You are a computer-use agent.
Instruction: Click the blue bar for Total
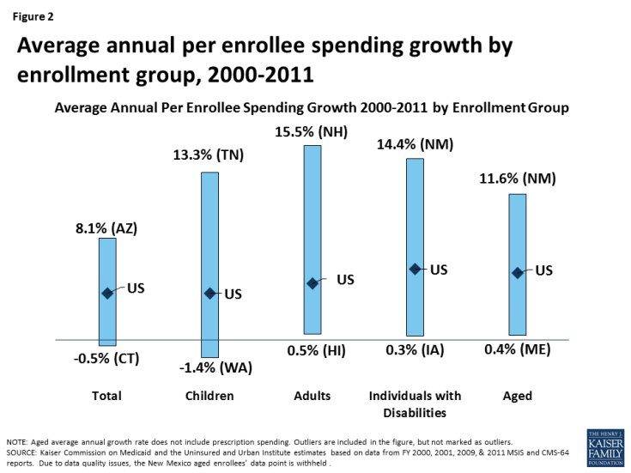point(107,258)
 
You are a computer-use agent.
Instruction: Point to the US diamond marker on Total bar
point(107,293)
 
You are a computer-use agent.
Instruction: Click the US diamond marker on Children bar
point(209,293)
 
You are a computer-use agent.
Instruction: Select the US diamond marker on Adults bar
point(312,283)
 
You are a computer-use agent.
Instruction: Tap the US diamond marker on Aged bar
point(517,273)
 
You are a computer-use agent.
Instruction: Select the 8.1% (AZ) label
point(107,228)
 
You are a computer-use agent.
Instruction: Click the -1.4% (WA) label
point(209,368)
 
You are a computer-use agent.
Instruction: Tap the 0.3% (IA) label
point(415,350)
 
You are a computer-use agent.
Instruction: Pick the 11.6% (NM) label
point(517,179)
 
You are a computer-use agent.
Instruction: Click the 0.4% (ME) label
point(517,350)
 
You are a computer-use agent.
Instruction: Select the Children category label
point(209,396)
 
